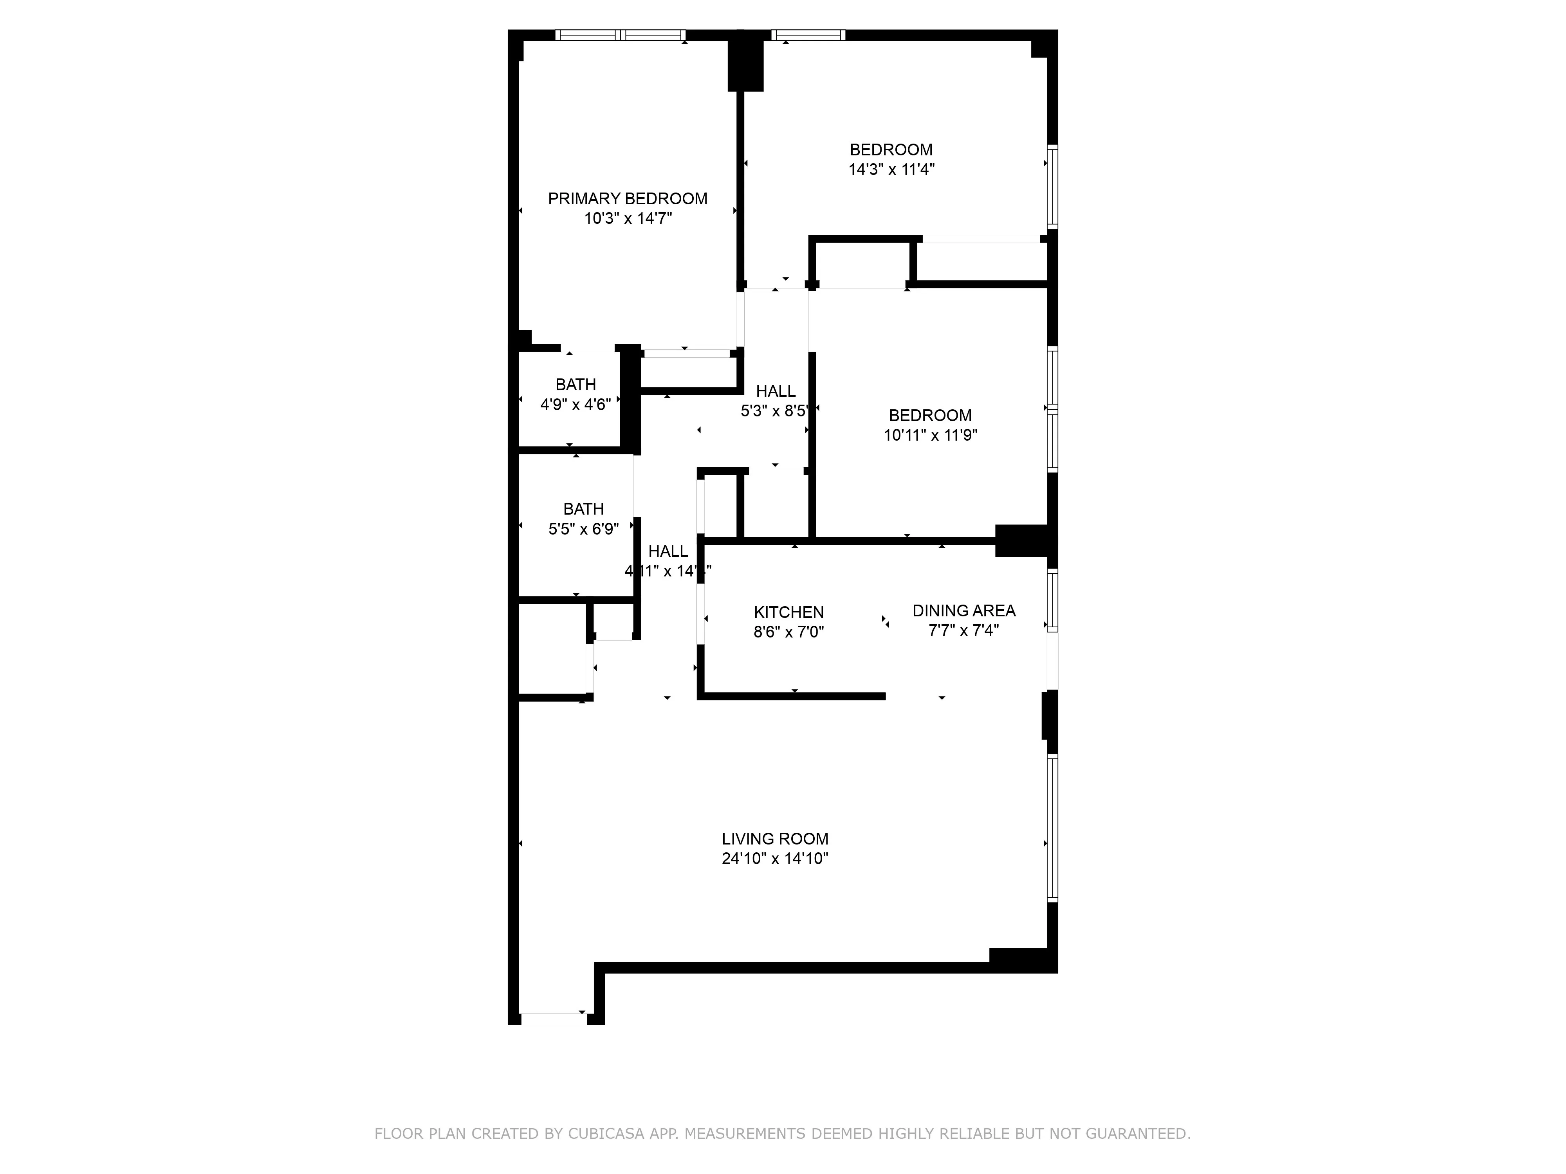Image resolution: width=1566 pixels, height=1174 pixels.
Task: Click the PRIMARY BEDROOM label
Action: pyautogui.click(x=627, y=199)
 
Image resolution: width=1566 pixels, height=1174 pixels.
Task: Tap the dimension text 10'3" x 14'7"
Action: pyautogui.click(x=627, y=219)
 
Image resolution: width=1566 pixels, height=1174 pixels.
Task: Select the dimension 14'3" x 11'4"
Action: pyautogui.click(x=891, y=170)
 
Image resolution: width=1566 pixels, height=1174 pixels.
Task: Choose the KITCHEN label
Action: pyautogui.click(x=788, y=612)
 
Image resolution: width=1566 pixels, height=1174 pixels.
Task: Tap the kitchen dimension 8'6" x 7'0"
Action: pyautogui.click(x=788, y=632)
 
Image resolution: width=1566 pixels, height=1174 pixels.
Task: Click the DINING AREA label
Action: pyautogui.click(x=963, y=611)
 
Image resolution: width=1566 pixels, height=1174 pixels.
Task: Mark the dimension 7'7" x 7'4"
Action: pyautogui.click(x=963, y=630)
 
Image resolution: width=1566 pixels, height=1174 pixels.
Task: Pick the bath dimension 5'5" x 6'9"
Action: pyautogui.click(x=583, y=529)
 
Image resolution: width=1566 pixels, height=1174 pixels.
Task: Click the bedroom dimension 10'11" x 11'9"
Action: pyautogui.click(x=930, y=435)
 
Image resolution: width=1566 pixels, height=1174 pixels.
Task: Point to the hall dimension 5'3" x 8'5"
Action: pyautogui.click(x=774, y=411)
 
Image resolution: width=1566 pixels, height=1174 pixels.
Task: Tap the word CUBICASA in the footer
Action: pyautogui.click(x=605, y=1134)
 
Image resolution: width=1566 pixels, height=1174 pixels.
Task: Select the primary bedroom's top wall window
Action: pyautogui.click(x=620, y=35)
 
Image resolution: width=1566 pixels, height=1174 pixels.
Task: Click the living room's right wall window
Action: pyautogui.click(x=1053, y=828)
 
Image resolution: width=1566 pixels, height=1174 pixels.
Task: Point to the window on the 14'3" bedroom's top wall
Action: pyautogui.click(x=808, y=35)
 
